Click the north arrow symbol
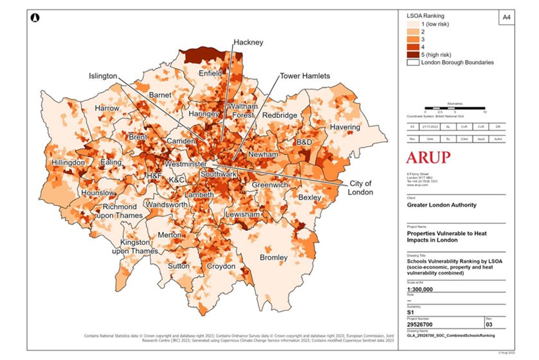[35, 18]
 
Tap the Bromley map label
[274, 258]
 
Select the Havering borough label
[345, 127]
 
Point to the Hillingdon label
[68, 162]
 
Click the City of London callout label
[361, 188]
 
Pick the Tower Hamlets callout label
[305, 76]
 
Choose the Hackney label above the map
[248, 42]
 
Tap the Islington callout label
[103, 76]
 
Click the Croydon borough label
[221, 266]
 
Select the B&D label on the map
[304, 142]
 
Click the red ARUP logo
[428, 158]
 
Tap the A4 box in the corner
[506, 18]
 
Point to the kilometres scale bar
[455, 108]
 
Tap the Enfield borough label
[210, 73]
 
